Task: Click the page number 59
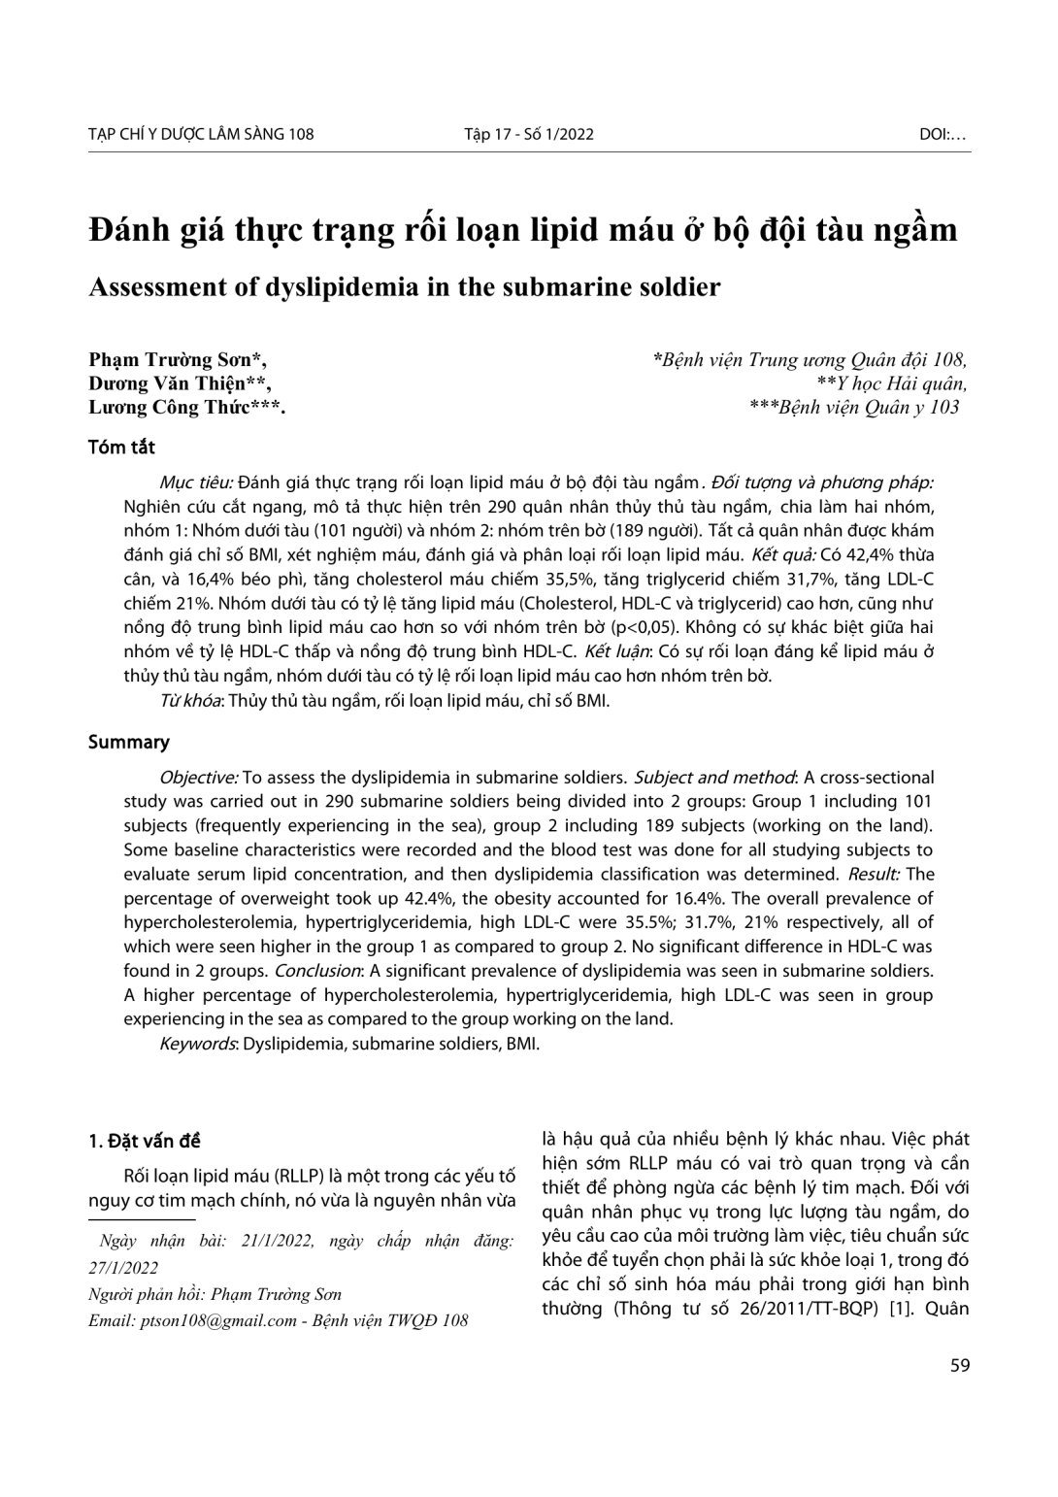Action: (x=959, y=1365)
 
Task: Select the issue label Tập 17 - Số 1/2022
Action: (x=528, y=134)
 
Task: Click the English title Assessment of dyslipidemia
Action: (x=405, y=287)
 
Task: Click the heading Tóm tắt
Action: (x=121, y=448)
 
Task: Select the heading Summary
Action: (x=128, y=743)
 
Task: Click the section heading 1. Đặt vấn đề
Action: (x=145, y=1141)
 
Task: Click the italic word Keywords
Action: (x=197, y=1044)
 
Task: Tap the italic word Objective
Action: (x=198, y=778)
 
